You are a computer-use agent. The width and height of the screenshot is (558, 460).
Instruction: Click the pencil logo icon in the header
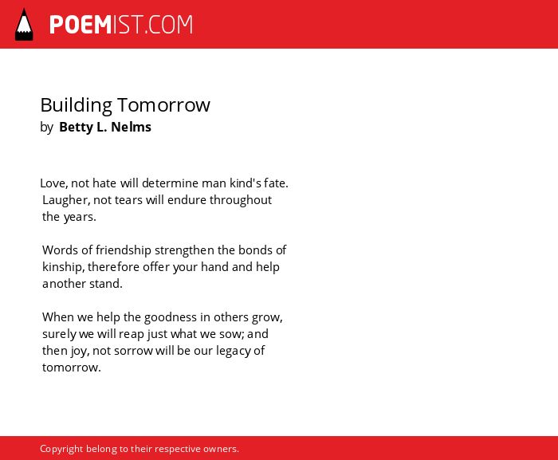tap(24, 25)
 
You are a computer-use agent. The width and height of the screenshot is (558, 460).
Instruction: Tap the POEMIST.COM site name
tap(121, 25)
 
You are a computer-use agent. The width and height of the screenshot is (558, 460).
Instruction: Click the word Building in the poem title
tap(77, 105)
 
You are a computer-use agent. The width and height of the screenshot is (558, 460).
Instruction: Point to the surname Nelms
tap(131, 127)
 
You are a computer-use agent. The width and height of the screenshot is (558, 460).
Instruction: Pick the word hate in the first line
tap(104, 183)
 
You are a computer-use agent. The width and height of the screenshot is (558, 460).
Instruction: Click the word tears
tap(128, 200)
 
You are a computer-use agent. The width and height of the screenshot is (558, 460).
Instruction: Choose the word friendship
tap(123, 250)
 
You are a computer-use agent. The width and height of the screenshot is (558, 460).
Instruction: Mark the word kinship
tap(62, 267)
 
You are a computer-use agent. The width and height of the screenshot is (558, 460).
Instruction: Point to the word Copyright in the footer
tap(61, 449)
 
